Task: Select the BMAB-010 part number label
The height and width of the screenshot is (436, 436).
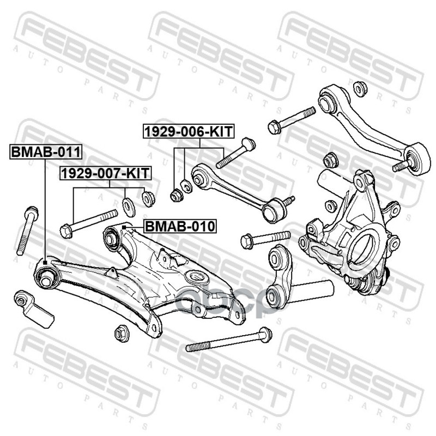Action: (180, 226)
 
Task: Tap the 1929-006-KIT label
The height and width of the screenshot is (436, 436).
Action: (189, 131)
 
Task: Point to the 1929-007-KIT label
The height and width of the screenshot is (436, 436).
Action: (105, 174)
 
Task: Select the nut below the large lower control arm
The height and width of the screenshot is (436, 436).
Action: (122, 334)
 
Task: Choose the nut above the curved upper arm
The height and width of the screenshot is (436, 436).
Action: (360, 87)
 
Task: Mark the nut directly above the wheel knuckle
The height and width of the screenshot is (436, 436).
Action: (330, 161)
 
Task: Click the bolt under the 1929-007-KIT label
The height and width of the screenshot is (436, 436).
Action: (90, 221)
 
